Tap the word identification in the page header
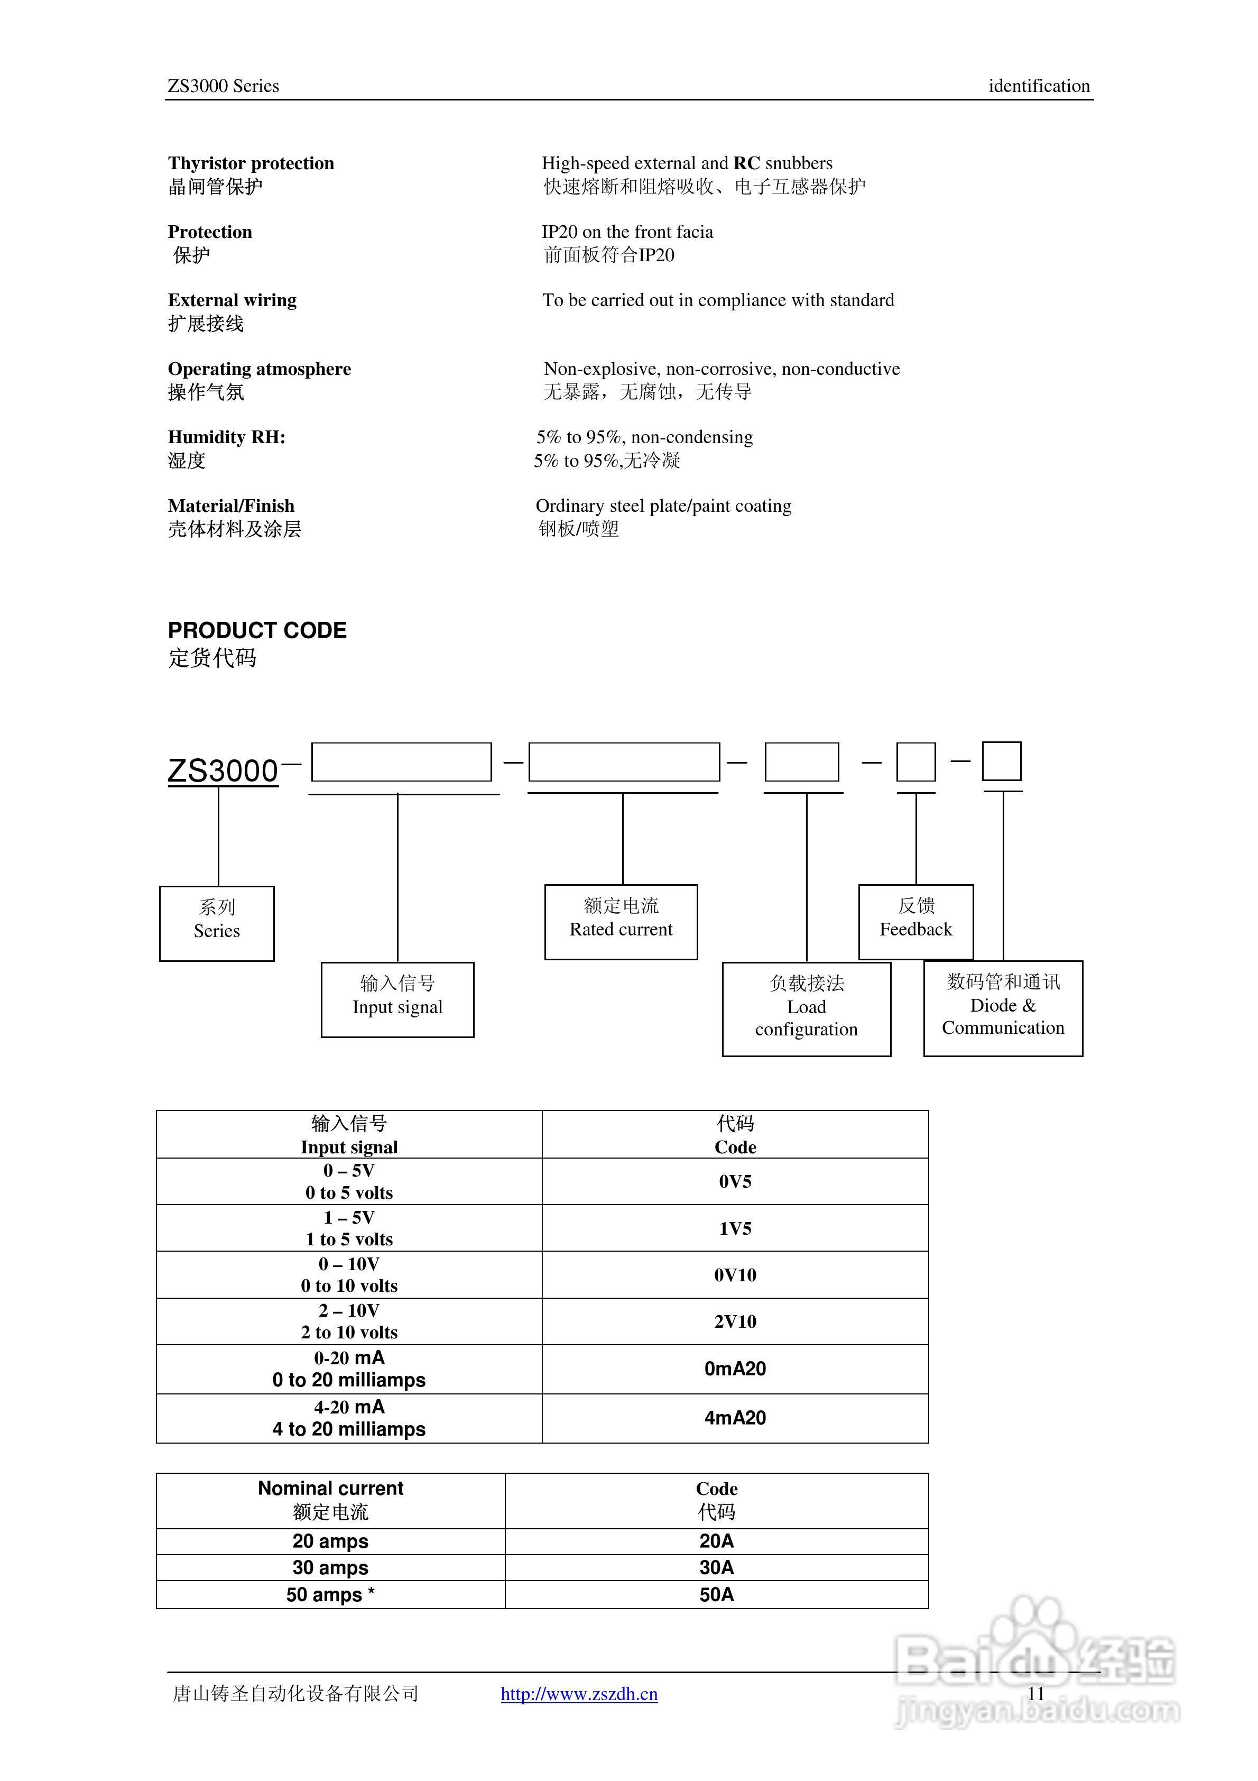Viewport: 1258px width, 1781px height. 1039,86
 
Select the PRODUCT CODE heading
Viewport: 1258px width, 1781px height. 257,630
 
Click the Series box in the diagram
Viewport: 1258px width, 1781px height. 216,923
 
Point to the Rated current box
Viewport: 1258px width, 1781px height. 621,922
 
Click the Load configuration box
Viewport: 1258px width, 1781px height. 806,1008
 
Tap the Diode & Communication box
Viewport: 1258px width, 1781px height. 1003,1008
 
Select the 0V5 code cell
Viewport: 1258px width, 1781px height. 735,1181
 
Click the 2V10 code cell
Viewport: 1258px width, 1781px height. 735,1321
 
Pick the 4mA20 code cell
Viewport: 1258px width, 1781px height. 735,1418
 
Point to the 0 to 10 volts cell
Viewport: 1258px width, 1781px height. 349,1274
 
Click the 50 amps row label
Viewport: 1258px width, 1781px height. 330,1594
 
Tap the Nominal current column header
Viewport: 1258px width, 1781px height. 330,1500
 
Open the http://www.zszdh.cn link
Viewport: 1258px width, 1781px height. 579,1693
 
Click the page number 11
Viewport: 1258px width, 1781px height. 1036,1693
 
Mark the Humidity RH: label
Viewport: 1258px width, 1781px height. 226,437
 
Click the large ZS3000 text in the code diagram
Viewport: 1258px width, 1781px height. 223,770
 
